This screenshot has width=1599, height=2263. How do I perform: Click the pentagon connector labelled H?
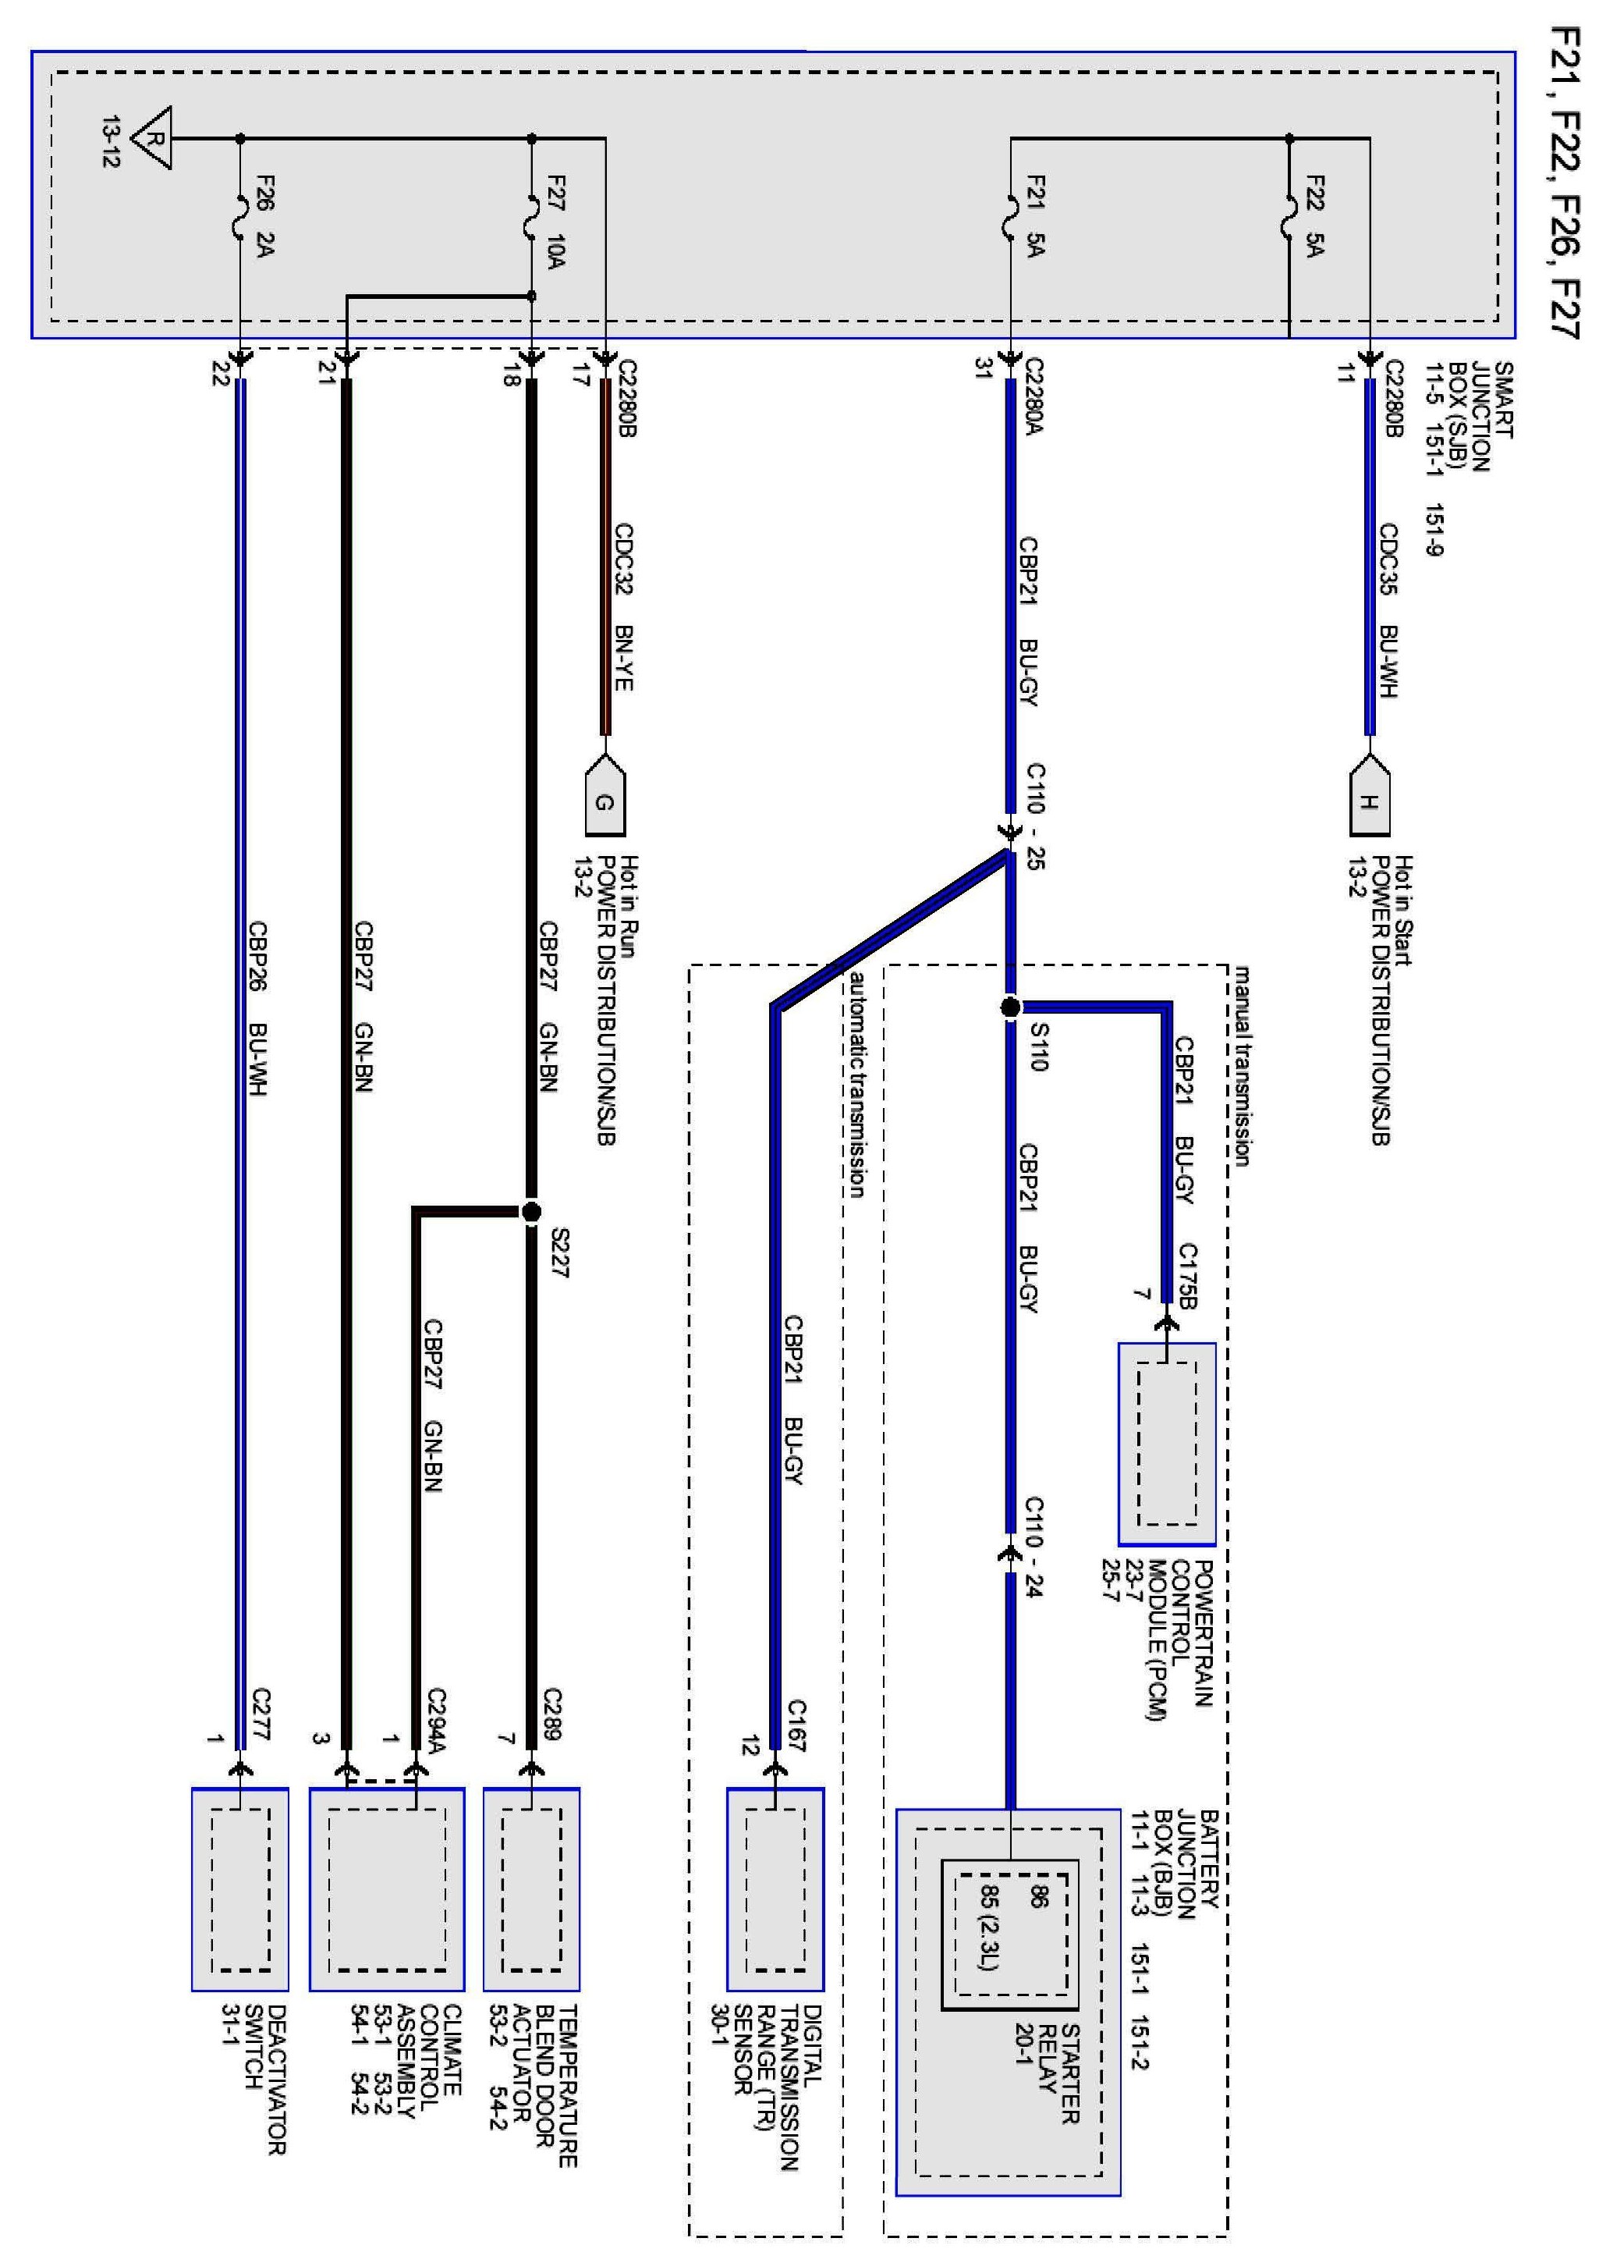click(x=1368, y=797)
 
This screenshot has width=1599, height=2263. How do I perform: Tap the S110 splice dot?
click(x=1010, y=1007)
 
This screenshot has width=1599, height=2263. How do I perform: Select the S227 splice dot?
click(x=531, y=1211)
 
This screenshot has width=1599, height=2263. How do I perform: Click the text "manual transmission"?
click(x=1241, y=1065)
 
